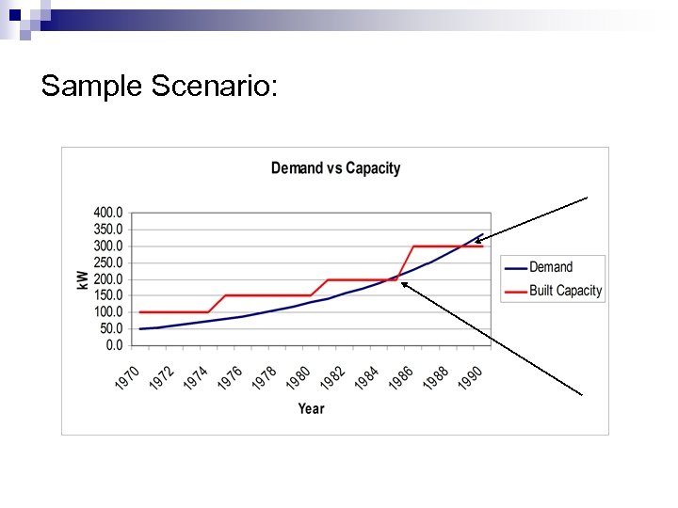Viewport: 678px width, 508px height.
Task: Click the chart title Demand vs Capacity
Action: tap(335, 168)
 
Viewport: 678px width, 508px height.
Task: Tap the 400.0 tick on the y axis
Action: tap(106, 213)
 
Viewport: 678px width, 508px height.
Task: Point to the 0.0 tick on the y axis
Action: tap(113, 345)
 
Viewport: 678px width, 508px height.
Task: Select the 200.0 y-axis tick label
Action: tap(106, 279)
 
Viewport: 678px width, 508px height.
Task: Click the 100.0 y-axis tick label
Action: tap(106, 312)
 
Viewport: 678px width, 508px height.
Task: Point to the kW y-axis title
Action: tap(83, 279)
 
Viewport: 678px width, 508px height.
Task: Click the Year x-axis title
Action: tap(311, 408)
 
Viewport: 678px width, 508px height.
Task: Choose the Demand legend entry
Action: tap(551, 267)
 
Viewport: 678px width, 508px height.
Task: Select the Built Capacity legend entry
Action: tap(565, 291)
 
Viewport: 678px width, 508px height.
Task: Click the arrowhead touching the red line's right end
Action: tap(477, 242)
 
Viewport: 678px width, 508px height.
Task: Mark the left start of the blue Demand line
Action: tap(140, 329)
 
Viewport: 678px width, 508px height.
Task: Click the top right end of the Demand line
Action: tap(483, 234)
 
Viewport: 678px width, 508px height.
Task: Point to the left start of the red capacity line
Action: tap(140, 312)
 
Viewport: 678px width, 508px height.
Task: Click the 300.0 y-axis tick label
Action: tap(106, 246)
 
